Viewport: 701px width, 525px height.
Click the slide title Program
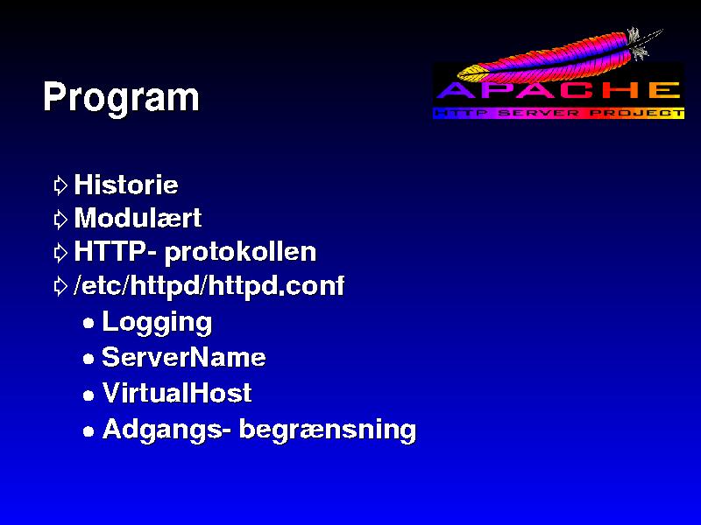(x=121, y=98)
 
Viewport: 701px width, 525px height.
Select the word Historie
(x=126, y=185)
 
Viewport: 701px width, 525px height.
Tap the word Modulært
(x=138, y=218)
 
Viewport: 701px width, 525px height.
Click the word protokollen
(x=240, y=253)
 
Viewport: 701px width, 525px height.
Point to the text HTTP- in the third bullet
(x=116, y=251)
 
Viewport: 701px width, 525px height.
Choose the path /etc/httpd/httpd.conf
(x=209, y=286)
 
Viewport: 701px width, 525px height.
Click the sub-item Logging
(x=157, y=323)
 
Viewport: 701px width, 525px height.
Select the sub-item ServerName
(x=184, y=357)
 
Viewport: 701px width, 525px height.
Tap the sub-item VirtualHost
(x=177, y=393)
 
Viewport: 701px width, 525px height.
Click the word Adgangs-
(x=166, y=430)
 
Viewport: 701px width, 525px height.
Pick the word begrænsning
(x=328, y=430)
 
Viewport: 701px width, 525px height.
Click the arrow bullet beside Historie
(x=60, y=185)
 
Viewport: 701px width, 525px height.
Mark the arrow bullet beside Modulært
(x=60, y=220)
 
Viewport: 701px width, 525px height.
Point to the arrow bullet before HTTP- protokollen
(x=60, y=253)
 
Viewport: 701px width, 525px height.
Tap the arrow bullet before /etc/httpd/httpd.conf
(x=60, y=286)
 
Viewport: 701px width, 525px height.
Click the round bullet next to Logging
(x=89, y=323)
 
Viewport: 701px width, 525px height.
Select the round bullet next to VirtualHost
(x=89, y=395)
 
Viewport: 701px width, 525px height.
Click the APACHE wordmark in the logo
(x=558, y=91)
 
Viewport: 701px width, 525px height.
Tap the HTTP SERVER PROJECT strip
(x=559, y=113)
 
